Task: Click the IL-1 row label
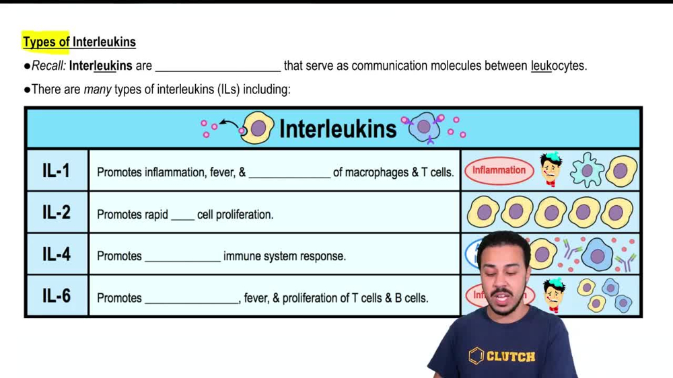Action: [x=56, y=171]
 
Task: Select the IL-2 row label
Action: [x=56, y=213]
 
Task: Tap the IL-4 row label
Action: [x=56, y=255]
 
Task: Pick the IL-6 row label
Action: [x=56, y=297]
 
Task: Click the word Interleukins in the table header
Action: [x=337, y=128]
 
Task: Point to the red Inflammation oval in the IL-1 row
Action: [x=499, y=171]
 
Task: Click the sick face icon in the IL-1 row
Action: [x=551, y=169]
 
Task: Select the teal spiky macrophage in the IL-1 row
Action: [x=587, y=170]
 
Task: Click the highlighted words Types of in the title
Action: [x=46, y=42]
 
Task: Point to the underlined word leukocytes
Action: [x=559, y=66]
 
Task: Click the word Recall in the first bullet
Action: [x=48, y=66]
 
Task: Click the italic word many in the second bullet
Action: [x=98, y=89]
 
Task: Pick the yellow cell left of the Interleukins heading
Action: [x=257, y=128]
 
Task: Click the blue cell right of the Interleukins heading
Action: [x=424, y=127]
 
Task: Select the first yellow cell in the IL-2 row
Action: [x=483, y=213]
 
